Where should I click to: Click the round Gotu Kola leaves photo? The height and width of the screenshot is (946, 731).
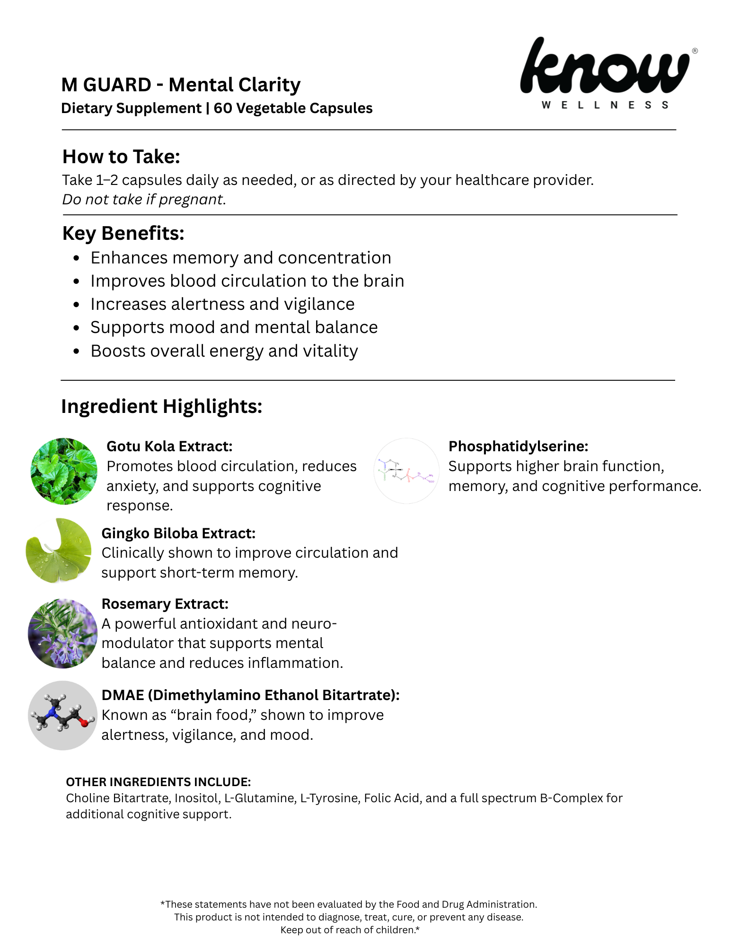pyautogui.click(x=64, y=471)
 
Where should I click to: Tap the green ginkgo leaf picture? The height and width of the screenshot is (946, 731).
pyautogui.click(x=59, y=550)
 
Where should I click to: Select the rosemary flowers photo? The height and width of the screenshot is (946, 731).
pyautogui.click(x=62, y=633)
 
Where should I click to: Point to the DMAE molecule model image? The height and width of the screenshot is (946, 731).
pyautogui.click(x=62, y=715)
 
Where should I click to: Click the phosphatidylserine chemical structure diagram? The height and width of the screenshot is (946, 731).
pyautogui.click(x=406, y=471)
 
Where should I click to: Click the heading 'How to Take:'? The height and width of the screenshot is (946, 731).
pyautogui.click(x=121, y=157)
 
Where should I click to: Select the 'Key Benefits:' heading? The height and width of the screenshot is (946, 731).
pyautogui.click(x=123, y=233)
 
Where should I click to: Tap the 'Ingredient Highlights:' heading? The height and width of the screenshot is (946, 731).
pyautogui.click(x=161, y=406)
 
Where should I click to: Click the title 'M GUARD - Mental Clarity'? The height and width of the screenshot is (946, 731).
pyautogui.click(x=181, y=85)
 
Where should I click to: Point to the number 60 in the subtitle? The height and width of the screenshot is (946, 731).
pyautogui.click(x=222, y=108)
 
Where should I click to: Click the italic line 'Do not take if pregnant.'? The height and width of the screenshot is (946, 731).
pyautogui.click(x=144, y=200)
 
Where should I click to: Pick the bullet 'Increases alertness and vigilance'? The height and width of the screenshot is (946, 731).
pyautogui.click(x=222, y=304)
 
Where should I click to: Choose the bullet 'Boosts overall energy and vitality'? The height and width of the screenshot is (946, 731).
pyautogui.click(x=224, y=351)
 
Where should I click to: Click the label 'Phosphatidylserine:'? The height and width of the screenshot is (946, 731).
pyautogui.click(x=518, y=446)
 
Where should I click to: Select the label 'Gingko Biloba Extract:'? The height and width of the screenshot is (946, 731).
pyautogui.click(x=178, y=533)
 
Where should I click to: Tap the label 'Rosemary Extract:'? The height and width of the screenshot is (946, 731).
pyautogui.click(x=165, y=604)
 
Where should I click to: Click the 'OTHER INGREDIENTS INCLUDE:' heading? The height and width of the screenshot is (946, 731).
pyautogui.click(x=158, y=782)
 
